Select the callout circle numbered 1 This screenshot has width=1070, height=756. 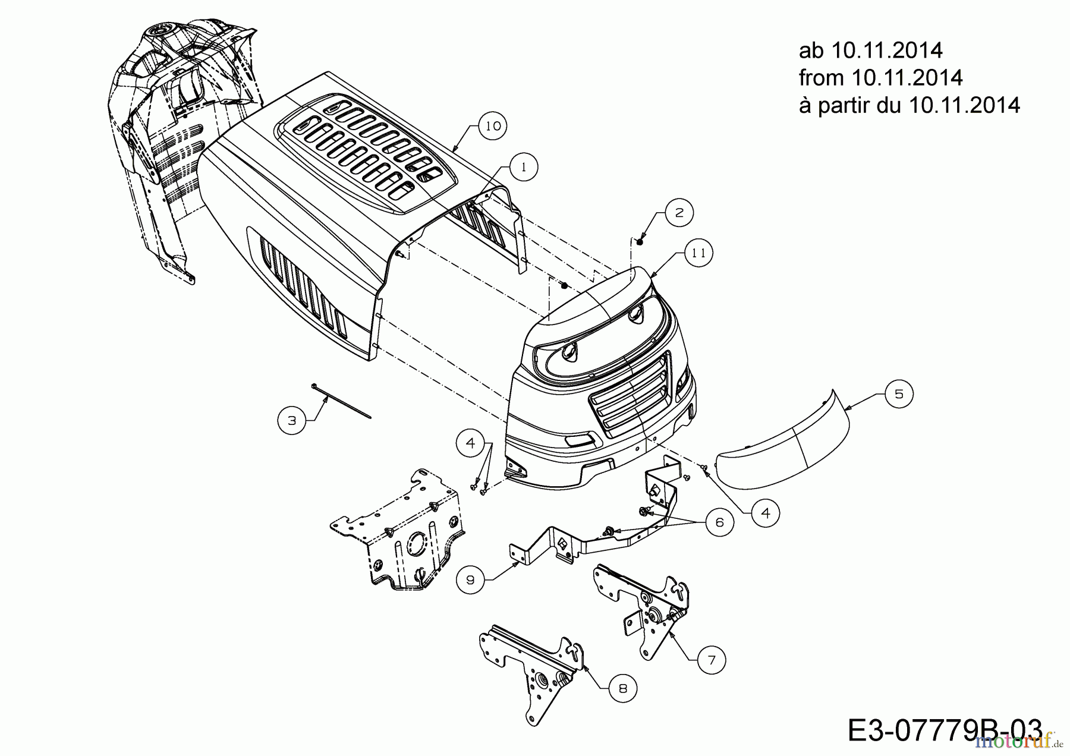coord(523,168)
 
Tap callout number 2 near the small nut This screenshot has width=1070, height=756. coord(679,212)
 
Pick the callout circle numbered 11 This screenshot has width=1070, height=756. coord(698,253)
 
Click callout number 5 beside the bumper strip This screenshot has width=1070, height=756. coord(899,393)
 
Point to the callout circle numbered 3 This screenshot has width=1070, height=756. coord(292,420)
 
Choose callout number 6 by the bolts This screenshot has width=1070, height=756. coord(720,522)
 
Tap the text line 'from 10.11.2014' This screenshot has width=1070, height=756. coord(880,78)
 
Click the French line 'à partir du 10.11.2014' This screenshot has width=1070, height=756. coord(909,105)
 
